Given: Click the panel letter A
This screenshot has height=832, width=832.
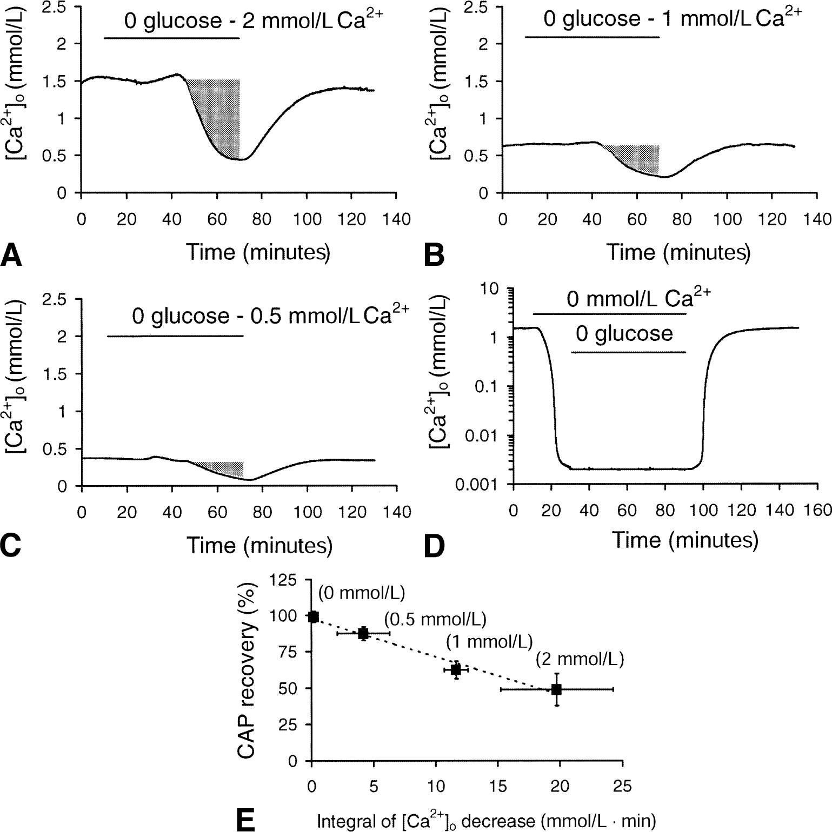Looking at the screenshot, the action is coord(11,255).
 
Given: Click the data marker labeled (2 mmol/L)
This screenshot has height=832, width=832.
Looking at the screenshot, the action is coord(556,689).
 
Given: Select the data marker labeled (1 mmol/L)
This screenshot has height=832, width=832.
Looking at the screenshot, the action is coord(456,669).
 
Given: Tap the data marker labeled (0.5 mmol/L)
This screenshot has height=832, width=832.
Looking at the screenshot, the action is coord(363,633).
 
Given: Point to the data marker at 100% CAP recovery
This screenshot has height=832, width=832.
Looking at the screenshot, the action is coord(313,616).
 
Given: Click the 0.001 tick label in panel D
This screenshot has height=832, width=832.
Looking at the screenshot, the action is coord(487,484).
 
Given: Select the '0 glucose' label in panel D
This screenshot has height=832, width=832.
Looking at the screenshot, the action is coord(624,334).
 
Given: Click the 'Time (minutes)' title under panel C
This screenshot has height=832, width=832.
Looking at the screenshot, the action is coord(259,546).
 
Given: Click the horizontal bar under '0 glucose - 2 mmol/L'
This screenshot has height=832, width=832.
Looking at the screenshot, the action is coord(171,38).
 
